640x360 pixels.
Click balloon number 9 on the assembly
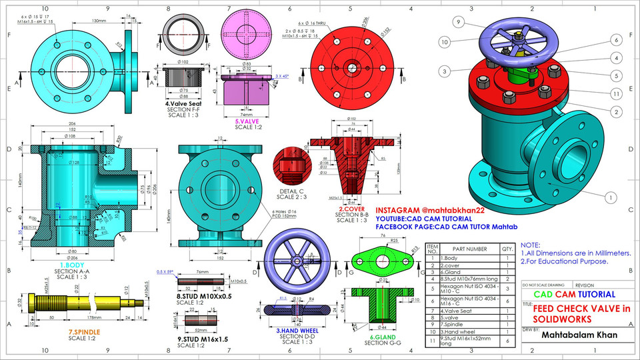(459, 22)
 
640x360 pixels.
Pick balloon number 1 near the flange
(609, 197)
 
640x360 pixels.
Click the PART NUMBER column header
(467, 249)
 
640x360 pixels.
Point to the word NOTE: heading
(531, 245)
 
